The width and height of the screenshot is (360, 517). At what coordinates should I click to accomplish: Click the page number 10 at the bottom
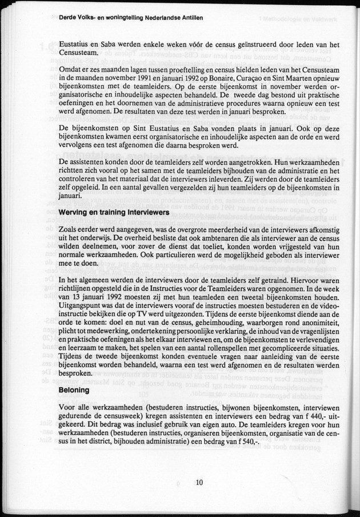[x=198, y=482]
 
